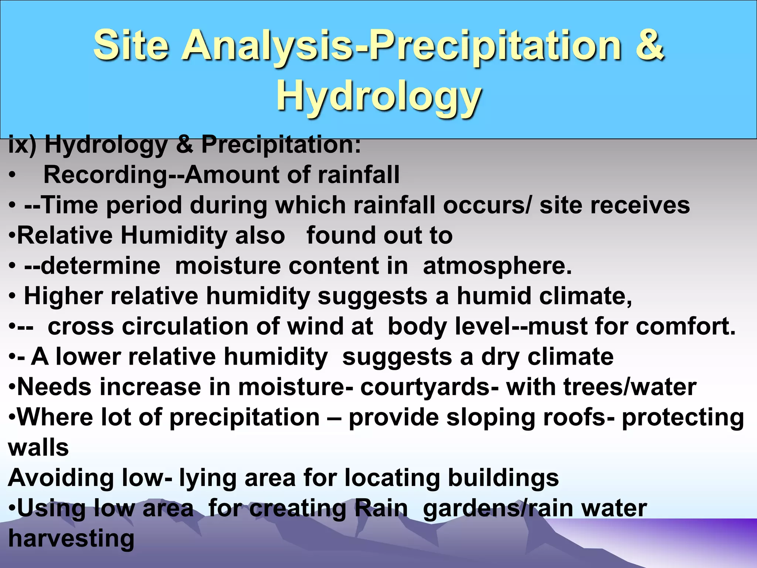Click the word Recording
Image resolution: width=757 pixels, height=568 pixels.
[106, 175]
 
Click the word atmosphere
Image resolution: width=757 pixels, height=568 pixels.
[497, 266]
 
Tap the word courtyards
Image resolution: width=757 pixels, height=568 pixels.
[429, 387]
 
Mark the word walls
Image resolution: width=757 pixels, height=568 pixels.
[38, 448]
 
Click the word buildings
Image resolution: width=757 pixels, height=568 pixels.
[503, 478]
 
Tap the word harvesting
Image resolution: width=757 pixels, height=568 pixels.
[71, 539]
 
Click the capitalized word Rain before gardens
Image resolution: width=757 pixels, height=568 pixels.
[381, 508]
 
